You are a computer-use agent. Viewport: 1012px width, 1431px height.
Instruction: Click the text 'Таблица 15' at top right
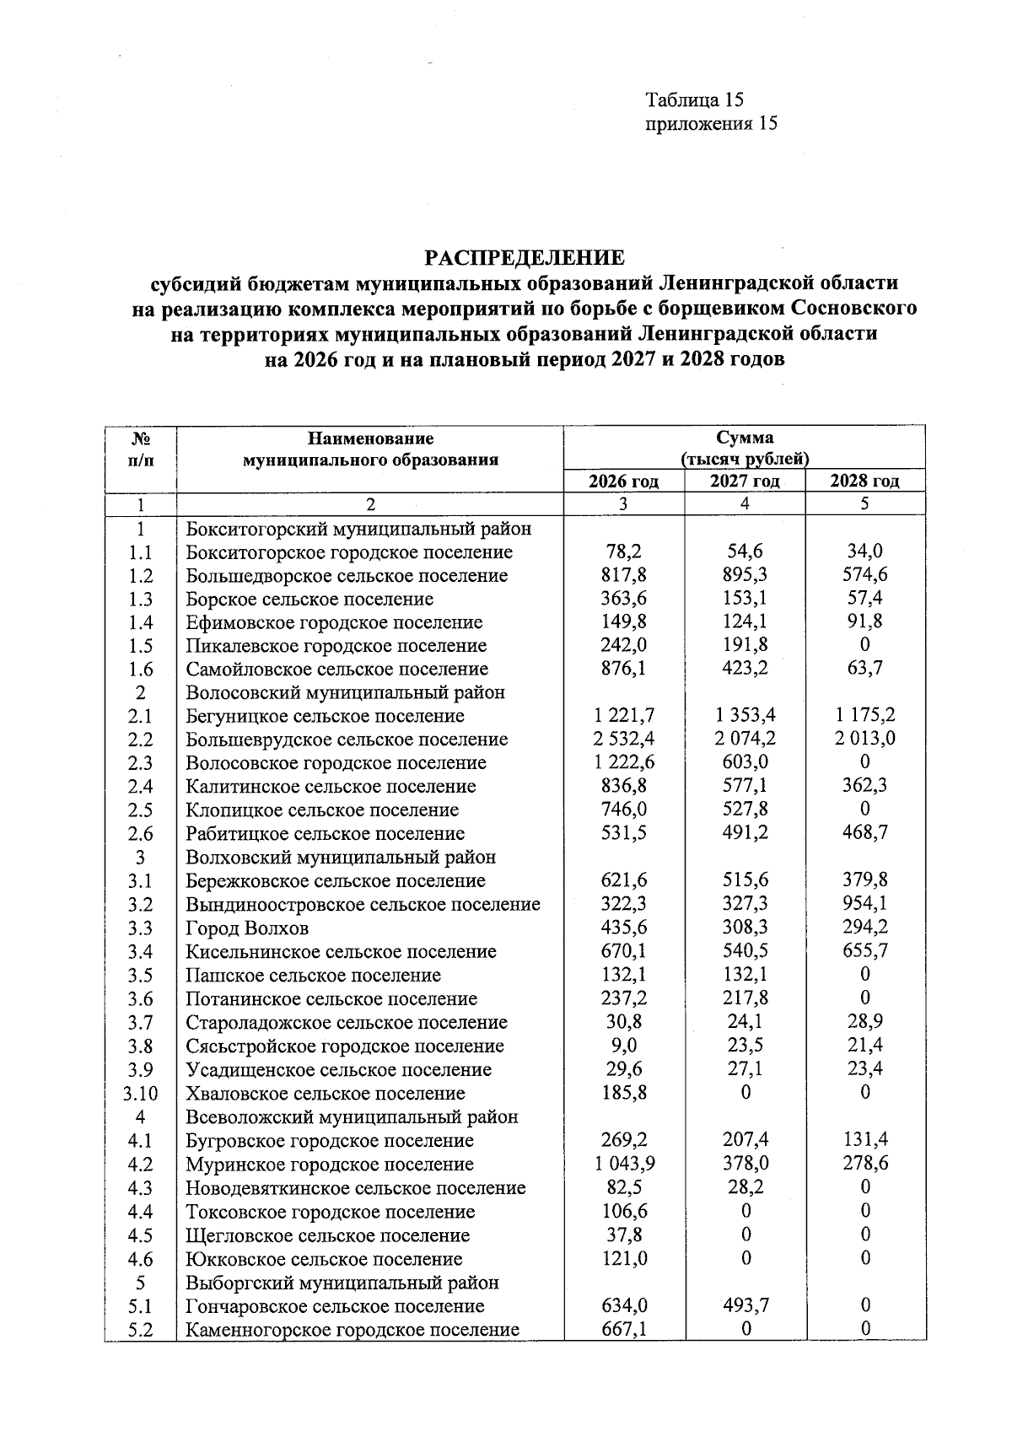click(694, 100)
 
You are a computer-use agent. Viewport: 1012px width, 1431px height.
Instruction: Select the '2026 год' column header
click(623, 481)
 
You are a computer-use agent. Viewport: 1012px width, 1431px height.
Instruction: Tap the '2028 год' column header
click(865, 481)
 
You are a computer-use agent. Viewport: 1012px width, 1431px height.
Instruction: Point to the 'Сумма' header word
click(745, 438)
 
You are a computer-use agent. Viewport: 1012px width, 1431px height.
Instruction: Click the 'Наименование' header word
click(370, 438)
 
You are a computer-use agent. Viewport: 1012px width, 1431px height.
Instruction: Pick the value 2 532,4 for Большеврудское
click(623, 740)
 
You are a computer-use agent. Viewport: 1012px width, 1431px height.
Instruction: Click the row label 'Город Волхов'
click(247, 928)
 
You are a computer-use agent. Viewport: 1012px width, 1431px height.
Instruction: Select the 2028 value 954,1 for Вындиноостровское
click(865, 904)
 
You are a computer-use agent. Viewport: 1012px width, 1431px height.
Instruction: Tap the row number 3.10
click(140, 1094)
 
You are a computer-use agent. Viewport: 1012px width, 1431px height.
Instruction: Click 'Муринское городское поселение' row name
click(330, 1165)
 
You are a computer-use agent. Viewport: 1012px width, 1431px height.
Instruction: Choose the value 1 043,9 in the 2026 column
click(623, 1164)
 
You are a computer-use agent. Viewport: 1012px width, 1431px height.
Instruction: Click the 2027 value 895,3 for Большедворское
click(745, 576)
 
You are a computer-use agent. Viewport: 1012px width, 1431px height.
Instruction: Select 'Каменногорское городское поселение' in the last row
click(353, 1330)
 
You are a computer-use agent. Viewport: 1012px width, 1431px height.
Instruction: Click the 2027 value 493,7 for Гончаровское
click(745, 1306)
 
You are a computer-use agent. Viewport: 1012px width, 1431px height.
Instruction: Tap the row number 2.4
click(140, 787)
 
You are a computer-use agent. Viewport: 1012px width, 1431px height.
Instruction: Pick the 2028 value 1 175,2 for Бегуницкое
click(865, 716)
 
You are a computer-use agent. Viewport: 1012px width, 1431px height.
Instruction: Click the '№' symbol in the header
click(141, 438)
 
